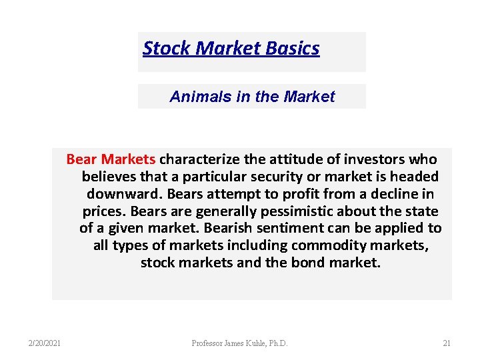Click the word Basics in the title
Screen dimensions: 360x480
point(292,49)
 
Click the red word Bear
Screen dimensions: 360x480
point(81,159)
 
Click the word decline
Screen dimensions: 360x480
point(389,194)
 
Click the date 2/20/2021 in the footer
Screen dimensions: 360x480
point(45,343)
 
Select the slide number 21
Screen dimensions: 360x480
point(447,343)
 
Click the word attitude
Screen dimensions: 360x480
point(287,159)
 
